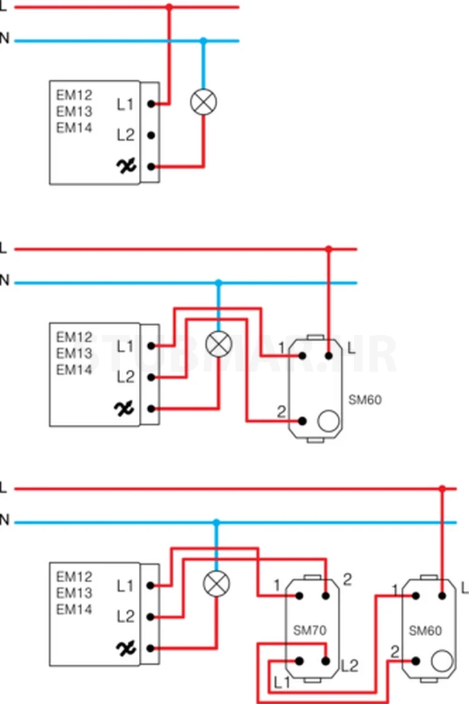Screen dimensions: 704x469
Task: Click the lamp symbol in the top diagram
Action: tap(203, 102)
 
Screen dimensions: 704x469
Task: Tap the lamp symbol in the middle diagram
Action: tap(219, 344)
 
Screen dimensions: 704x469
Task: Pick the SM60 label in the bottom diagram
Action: tap(425, 630)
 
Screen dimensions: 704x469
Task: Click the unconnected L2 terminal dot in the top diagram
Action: tap(151, 136)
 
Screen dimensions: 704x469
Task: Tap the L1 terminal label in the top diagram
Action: tap(125, 104)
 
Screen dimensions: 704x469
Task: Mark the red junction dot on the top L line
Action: tap(170, 7)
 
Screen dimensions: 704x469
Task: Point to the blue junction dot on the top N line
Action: tap(203, 41)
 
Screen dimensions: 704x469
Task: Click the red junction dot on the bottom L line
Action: tap(442, 488)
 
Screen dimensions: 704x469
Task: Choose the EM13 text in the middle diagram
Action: tap(74, 353)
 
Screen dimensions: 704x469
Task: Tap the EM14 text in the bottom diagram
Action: tap(74, 609)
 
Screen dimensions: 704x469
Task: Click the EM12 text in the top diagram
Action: tap(74, 95)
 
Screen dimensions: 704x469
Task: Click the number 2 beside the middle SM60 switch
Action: tap(281, 411)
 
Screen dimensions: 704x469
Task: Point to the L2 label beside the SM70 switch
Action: tap(350, 666)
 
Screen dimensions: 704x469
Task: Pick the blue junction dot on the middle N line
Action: tap(219, 283)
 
